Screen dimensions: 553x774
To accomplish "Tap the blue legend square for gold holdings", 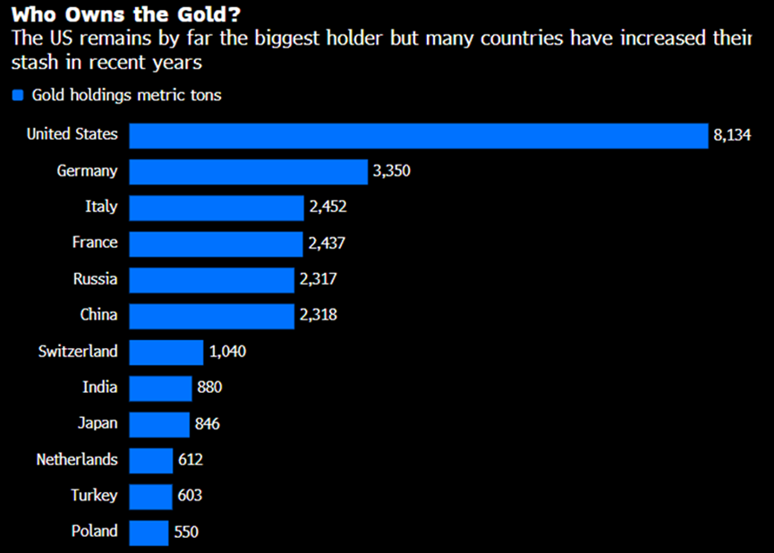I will click(x=17, y=95).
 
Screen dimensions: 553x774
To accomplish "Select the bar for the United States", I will click(x=419, y=135).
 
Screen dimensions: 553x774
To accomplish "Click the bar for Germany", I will click(x=249, y=171).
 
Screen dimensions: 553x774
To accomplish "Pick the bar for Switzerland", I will click(x=166, y=352).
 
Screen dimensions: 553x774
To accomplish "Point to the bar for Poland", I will click(x=149, y=532).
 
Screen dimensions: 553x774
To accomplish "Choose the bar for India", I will click(x=161, y=387).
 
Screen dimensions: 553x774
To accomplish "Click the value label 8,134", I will click(x=732, y=135).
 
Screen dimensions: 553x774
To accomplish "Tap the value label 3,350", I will click(x=391, y=171).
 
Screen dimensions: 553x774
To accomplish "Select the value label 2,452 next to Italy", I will click(x=327, y=207).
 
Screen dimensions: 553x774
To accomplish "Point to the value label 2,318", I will click(x=318, y=315).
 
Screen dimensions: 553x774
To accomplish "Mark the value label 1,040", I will click(x=227, y=352).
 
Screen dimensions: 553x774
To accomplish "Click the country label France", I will click(x=95, y=242).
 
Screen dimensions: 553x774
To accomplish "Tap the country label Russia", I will click(x=95, y=279).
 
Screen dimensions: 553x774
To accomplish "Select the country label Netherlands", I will click(x=77, y=460).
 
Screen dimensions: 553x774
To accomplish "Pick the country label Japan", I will click(x=97, y=423).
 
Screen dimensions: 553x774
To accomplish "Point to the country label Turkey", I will click(x=94, y=496).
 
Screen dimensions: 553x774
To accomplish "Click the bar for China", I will click(x=211, y=315).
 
